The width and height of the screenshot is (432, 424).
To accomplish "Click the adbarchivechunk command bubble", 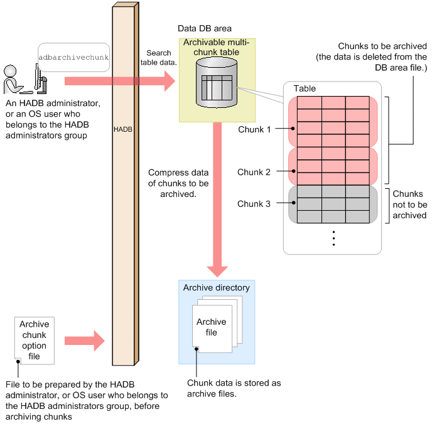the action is point(74,57).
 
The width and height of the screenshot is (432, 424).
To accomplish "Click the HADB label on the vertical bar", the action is point(123,129).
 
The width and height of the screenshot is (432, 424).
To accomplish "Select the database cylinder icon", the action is point(217,83).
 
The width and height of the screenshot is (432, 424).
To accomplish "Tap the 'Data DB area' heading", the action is point(205,28).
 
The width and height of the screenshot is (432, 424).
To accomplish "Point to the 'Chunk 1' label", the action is point(254,129).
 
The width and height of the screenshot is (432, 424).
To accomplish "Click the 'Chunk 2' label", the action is point(254,172).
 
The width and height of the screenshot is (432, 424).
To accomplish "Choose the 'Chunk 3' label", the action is point(254,204).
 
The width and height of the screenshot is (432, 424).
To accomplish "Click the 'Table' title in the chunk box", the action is point(305,88).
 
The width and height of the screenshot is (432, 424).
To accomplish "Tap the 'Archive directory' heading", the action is point(217,287).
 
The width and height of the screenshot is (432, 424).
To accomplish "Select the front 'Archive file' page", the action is point(212,329).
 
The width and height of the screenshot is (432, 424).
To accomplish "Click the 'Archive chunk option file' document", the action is point(35,341).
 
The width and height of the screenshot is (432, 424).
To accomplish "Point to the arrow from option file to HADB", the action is point(85,341).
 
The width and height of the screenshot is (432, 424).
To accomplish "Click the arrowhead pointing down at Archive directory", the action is point(217,272).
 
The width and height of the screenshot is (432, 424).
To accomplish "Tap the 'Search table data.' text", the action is point(159,58).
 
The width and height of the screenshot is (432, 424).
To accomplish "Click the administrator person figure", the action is point(13,79).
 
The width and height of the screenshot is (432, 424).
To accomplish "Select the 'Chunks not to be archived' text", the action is point(409,204).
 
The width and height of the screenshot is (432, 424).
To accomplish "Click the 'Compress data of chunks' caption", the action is point(178,183).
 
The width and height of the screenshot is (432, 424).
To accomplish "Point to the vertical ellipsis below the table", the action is point(333,238).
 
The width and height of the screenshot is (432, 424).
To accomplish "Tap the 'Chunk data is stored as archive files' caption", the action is point(234,388).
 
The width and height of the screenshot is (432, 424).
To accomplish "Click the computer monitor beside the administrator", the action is point(40,79).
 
